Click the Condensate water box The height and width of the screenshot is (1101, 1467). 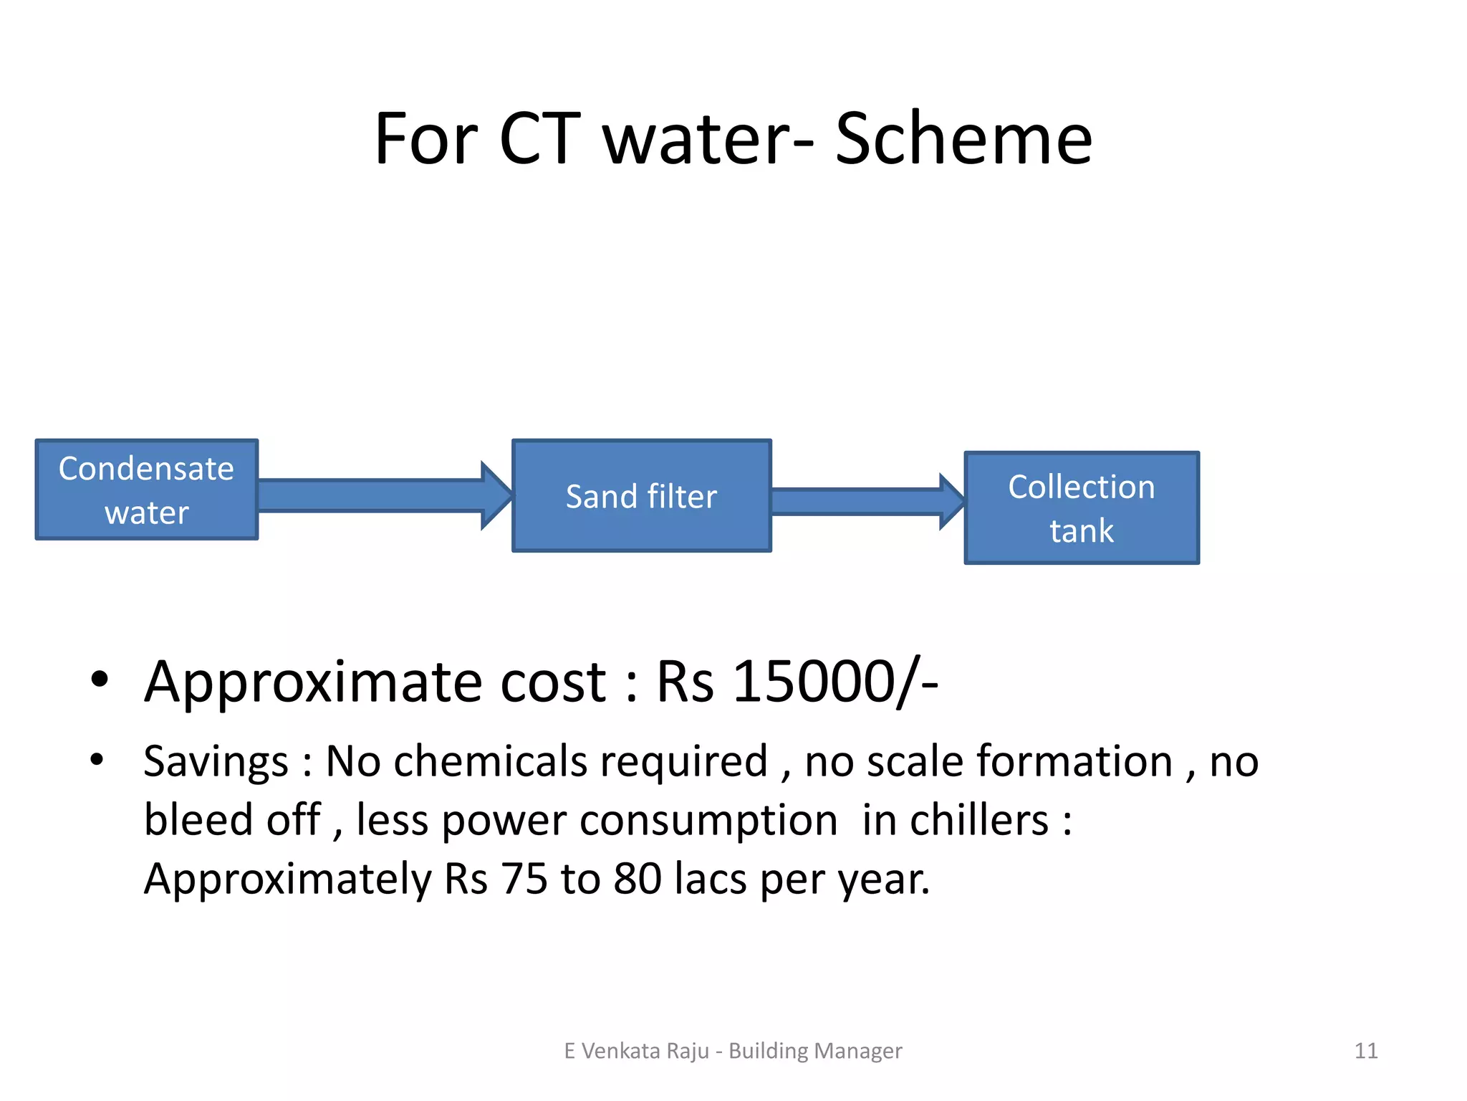point(147,490)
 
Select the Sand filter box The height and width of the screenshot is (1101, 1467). point(642,496)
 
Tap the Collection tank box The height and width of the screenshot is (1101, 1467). point(1082,508)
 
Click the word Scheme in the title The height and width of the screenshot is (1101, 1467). point(963,139)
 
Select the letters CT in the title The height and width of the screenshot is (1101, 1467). point(539,139)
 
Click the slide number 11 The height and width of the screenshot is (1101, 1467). point(1366,1051)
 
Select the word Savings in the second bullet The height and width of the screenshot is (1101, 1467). point(216,762)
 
